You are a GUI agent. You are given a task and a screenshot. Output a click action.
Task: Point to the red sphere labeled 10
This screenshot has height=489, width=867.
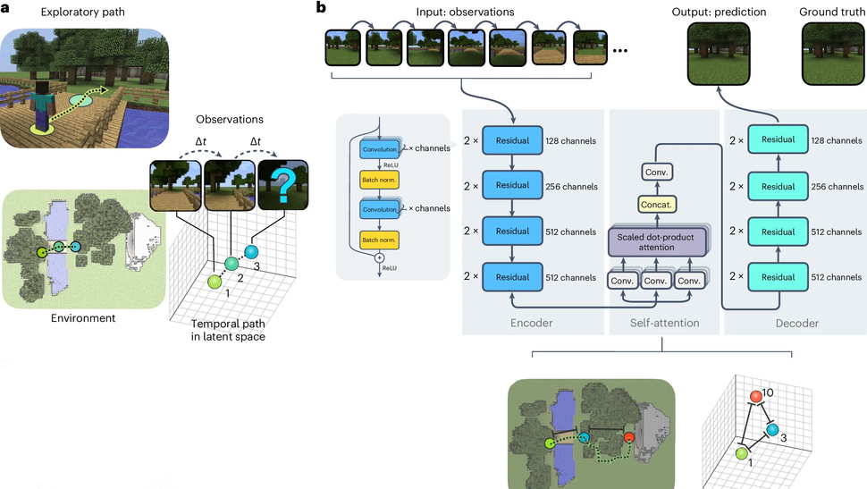click(756, 396)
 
